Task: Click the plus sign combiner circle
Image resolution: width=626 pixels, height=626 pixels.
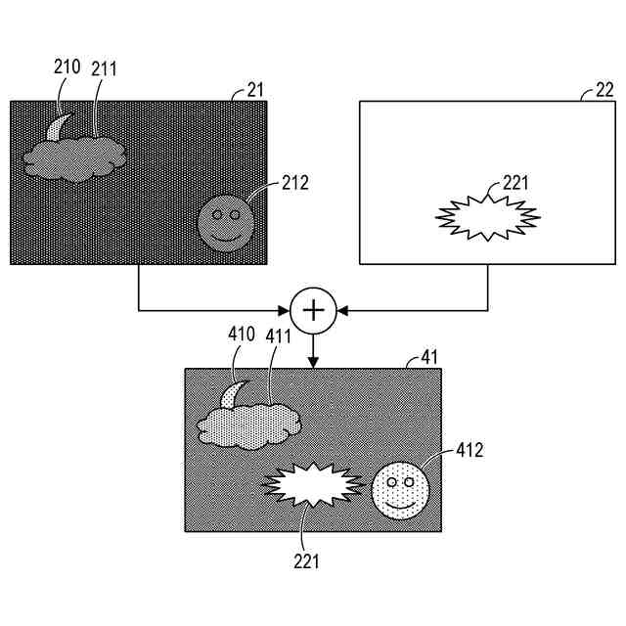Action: pos(313,310)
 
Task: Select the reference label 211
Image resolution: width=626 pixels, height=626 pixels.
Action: pos(105,68)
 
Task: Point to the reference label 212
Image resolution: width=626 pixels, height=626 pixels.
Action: pos(295,182)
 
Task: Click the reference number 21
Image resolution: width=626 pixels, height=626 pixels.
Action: pos(256,90)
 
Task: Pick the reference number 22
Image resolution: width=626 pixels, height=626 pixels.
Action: pos(605,90)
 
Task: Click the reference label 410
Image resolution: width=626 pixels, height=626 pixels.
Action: pos(242,335)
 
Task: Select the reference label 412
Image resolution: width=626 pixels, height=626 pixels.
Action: pos(469,450)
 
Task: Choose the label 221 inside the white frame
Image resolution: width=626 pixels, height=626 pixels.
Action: pos(517,182)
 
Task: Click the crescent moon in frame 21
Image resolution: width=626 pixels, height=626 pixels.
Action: pos(59,127)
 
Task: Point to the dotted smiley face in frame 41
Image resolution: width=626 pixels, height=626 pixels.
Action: pos(399,489)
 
